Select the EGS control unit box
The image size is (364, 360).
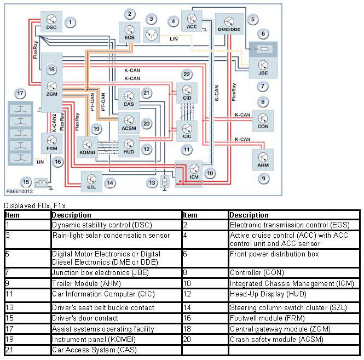coord(130,32)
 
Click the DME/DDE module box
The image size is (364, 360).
coord(228,25)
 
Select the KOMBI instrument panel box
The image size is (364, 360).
coord(87,146)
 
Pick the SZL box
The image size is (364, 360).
coord(92,180)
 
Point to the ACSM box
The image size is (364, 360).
coord(129,121)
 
